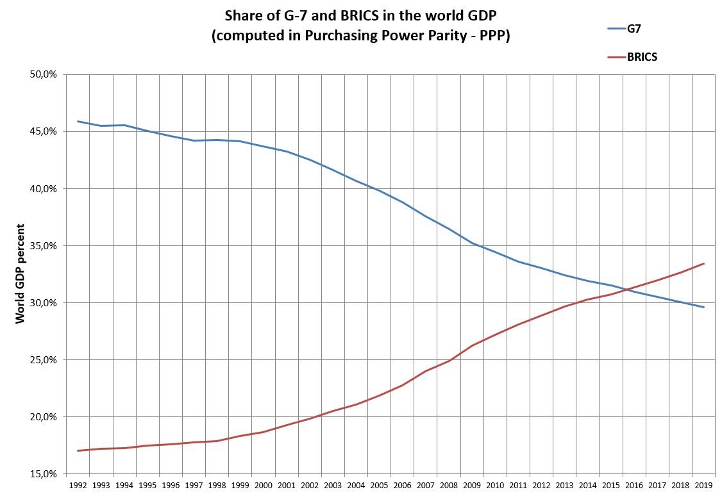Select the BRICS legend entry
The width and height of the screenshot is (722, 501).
(642, 57)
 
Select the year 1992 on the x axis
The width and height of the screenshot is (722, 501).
(78, 486)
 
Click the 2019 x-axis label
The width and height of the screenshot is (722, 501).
(703, 486)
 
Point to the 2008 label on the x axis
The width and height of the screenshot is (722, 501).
(448, 486)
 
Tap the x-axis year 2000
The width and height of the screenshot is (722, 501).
(263, 486)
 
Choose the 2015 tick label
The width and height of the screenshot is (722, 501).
(610, 486)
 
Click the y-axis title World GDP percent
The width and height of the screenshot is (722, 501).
(21, 274)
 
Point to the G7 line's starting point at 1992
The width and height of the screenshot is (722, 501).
(78, 121)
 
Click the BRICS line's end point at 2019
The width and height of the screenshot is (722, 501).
(704, 263)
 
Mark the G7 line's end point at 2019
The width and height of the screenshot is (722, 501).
(704, 308)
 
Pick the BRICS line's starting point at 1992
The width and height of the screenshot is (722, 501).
(78, 450)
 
